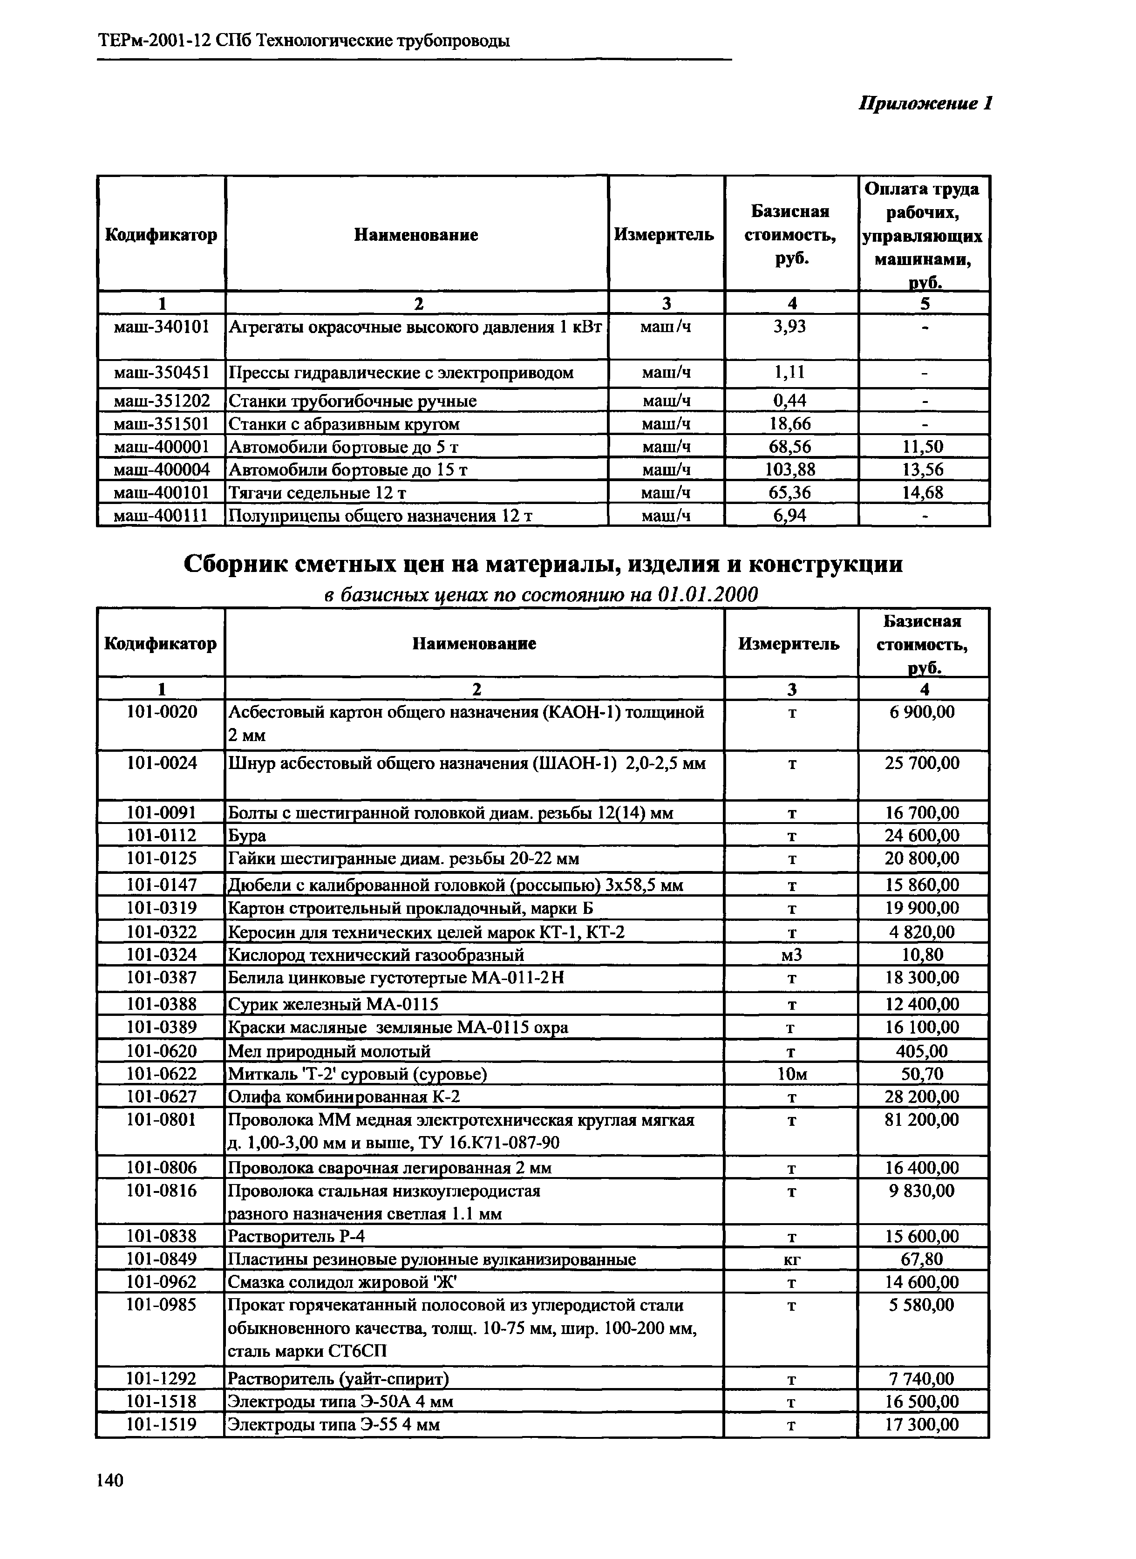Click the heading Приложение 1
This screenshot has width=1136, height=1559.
[925, 104]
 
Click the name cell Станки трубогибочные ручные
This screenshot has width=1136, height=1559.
[352, 401]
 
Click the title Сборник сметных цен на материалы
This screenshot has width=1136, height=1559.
[543, 564]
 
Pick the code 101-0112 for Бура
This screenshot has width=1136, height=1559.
[162, 836]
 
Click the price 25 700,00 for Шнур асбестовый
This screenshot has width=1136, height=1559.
[922, 762]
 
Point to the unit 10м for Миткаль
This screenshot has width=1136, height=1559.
[791, 1074]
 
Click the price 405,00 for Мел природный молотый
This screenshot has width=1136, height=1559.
[922, 1051]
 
